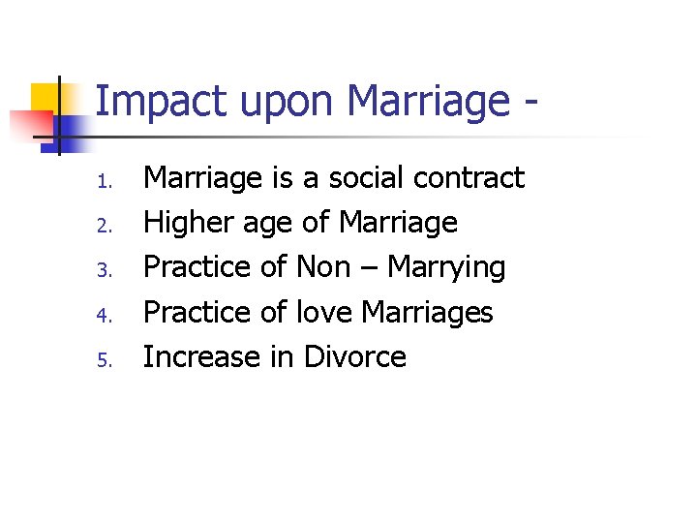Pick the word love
(x=324, y=313)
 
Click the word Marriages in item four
(x=427, y=314)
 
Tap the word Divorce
(x=354, y=357)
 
